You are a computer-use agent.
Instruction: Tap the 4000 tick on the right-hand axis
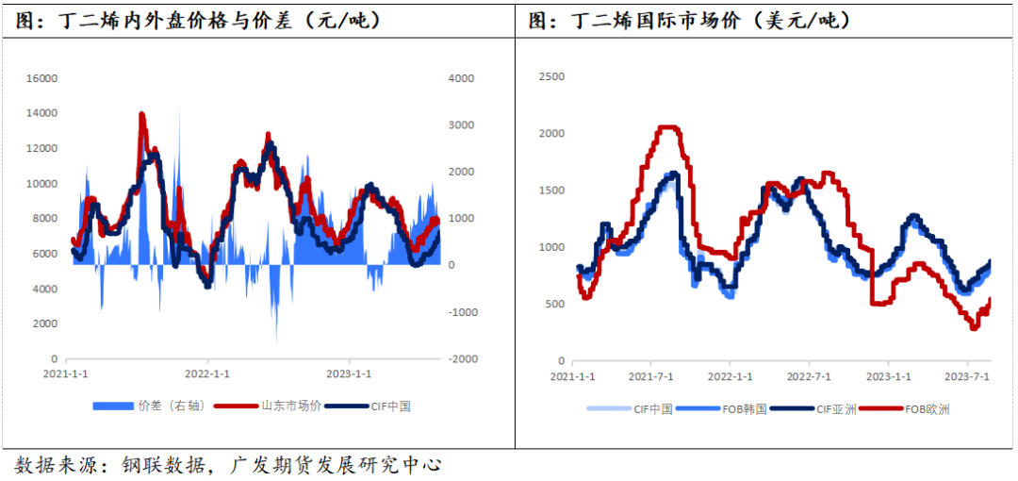pyautogui.click(x=462, y=78)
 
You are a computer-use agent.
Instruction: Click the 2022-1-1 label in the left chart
pyautogui.click(x=210, y=373)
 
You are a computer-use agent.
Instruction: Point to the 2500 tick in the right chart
pyautogui.click(x=550, y=76)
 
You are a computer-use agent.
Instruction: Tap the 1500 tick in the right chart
pyautogui.click(x=550, y=191)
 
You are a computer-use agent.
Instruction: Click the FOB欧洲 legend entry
pyautogui.click(x=925, y=409)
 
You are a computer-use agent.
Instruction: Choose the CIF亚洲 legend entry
pyautogui.click(x=829, y=409)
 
